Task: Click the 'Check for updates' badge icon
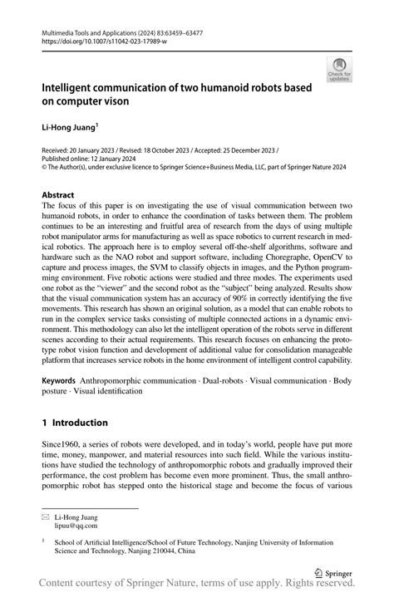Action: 338,70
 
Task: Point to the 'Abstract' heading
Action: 63,195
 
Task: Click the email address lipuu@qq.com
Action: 76,526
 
